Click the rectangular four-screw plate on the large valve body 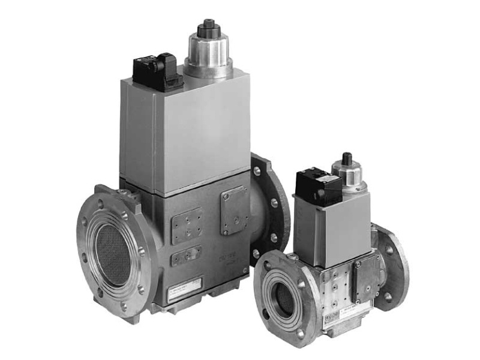(x=187, y=226)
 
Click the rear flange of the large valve (x=270, y=198)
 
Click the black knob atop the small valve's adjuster (x=346, y=158)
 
